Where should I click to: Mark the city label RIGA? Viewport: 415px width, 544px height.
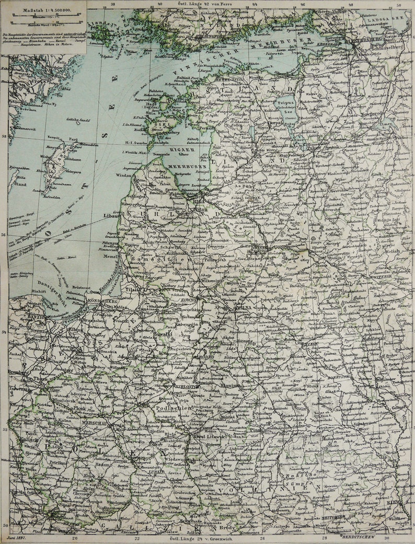(x=197, y=199)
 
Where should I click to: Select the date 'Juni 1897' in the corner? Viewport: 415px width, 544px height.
(x=19, y=536)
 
